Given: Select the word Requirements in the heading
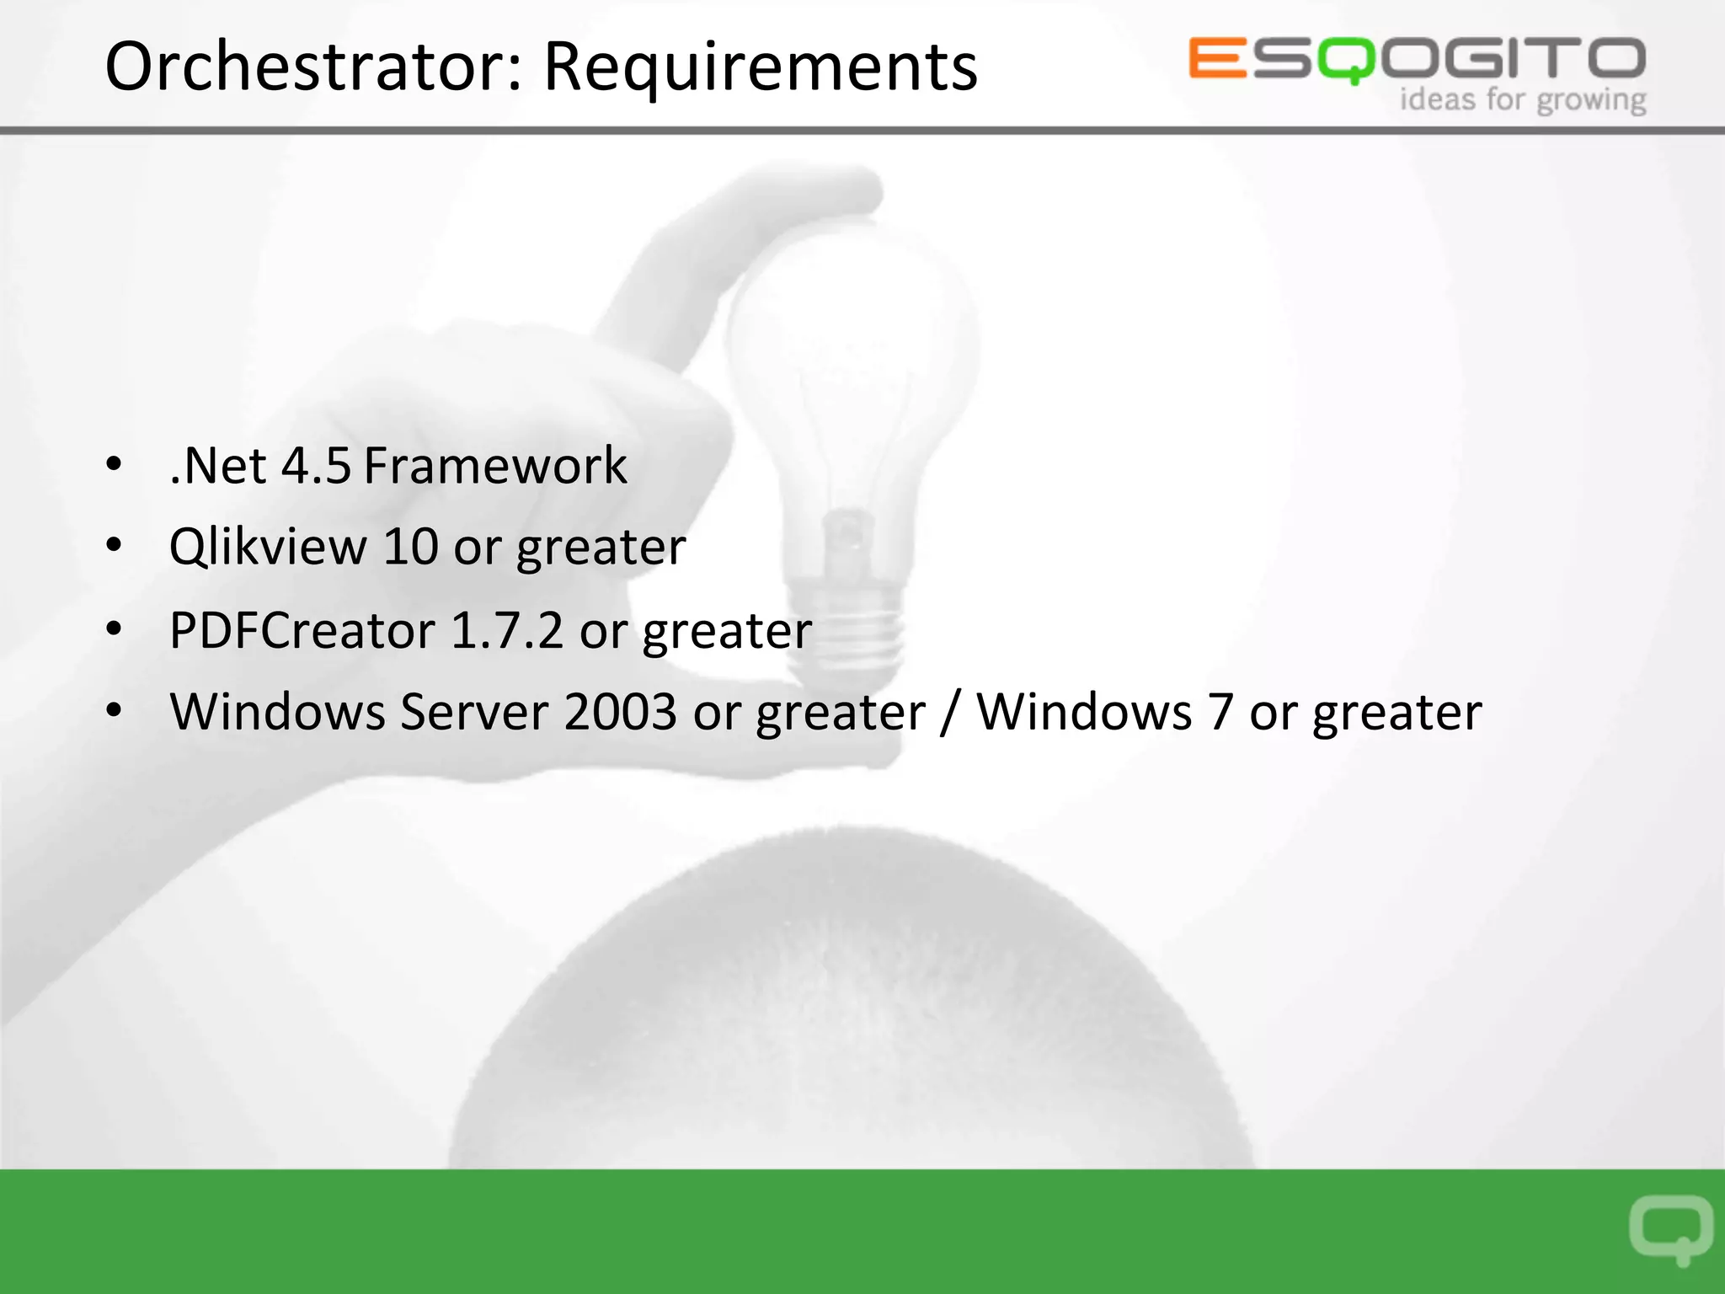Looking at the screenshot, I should point(760,67).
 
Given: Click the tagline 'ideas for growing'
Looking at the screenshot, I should point(1523,99).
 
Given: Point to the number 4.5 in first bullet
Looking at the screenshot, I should point(315,465).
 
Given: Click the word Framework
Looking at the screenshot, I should point(495,465).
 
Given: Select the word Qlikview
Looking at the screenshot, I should point(268,547).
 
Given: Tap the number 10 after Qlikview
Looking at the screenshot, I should point(410,547).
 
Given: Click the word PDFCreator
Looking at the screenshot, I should point(302,630).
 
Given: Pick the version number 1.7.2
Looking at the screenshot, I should point(507,630).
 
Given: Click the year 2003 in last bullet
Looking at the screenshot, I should point(620,712).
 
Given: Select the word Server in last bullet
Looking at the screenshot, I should point(474,712).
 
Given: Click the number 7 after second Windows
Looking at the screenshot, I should point(1220,712).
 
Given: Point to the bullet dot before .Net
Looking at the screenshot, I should point(115,464).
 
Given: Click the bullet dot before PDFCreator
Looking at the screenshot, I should point(115,628).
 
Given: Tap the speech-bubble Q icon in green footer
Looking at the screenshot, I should point(1670,1229).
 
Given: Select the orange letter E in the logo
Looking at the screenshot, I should point(1217,58).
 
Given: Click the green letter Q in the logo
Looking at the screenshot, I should point(1346,61).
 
